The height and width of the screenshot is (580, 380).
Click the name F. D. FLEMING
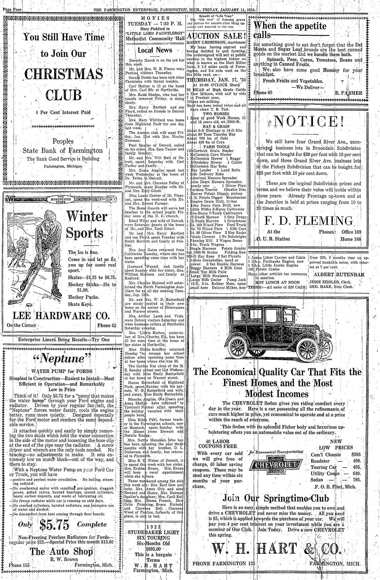(308, 220)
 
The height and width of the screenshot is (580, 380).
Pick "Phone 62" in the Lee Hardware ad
(106, 326)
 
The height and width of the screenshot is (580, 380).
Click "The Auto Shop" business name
(61, 551)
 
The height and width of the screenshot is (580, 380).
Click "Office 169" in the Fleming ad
(351, 232)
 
